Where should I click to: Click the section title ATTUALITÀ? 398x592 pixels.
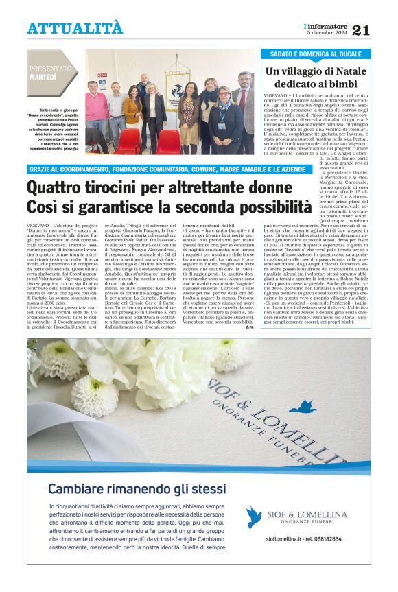coord(75,28)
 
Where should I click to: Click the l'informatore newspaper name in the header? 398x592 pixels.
coord(327,25)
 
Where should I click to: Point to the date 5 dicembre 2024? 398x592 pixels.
coord(328,33)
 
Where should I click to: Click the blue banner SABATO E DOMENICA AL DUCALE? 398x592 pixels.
coord(315,54)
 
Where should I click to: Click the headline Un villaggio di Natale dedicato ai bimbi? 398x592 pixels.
coord(315,78)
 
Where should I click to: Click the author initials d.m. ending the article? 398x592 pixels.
coord(249,327)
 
